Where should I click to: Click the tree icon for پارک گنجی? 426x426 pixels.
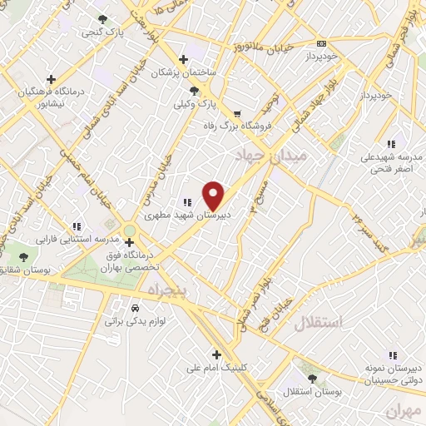coord(102,19)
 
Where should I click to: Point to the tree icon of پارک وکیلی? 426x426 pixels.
coord(194,92)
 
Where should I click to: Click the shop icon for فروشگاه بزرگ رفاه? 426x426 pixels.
coord(238,114)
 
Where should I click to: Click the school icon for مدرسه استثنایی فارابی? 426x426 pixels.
coord(77,225)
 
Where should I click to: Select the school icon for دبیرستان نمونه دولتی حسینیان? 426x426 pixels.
coord(391,354)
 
